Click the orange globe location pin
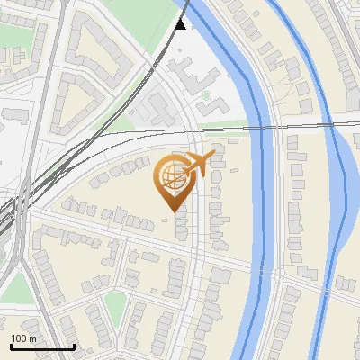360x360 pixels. coord(172,179)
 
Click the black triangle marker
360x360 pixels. coord(181,24)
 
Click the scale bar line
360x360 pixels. coord(41,346)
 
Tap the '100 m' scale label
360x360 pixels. coord(23,338)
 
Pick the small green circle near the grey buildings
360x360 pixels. coord(206,94)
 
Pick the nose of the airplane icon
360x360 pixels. coord(212,157)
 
